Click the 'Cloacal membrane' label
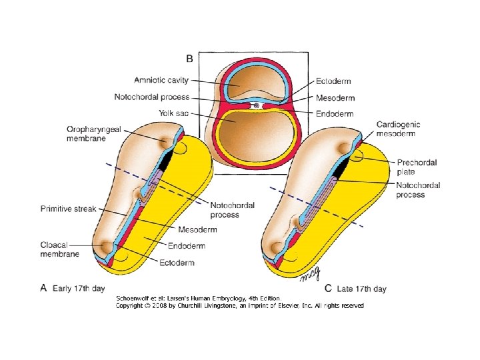pos(60,249)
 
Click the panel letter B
pos(189,59)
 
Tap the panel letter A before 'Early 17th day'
pos(43,288)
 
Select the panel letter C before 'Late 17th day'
pos(327,289)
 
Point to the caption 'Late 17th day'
pos(361,289)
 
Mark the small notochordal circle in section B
pos(257,105)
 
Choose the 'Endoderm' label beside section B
pos(335,114)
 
